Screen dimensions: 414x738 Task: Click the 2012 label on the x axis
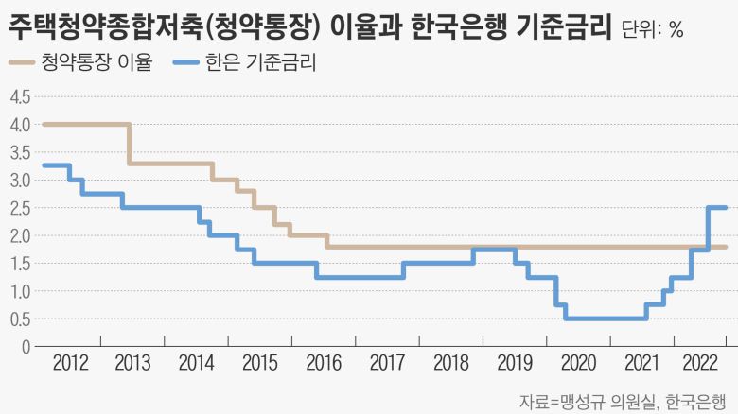coord(73,363)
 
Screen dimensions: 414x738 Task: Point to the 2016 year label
coord(325,363)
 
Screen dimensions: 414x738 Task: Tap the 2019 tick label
coord(514,363)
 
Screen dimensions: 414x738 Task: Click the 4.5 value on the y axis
coord(20,96)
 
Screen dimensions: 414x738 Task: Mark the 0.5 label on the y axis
coord(20,319)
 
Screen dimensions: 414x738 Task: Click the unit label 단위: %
coord(653,29)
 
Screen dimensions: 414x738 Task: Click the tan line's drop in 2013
coord(130,144)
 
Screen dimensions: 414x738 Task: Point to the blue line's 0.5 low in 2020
coord(606,319)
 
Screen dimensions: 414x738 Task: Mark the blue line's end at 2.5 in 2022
coord(724,208)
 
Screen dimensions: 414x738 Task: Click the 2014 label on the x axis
coord(196,363)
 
